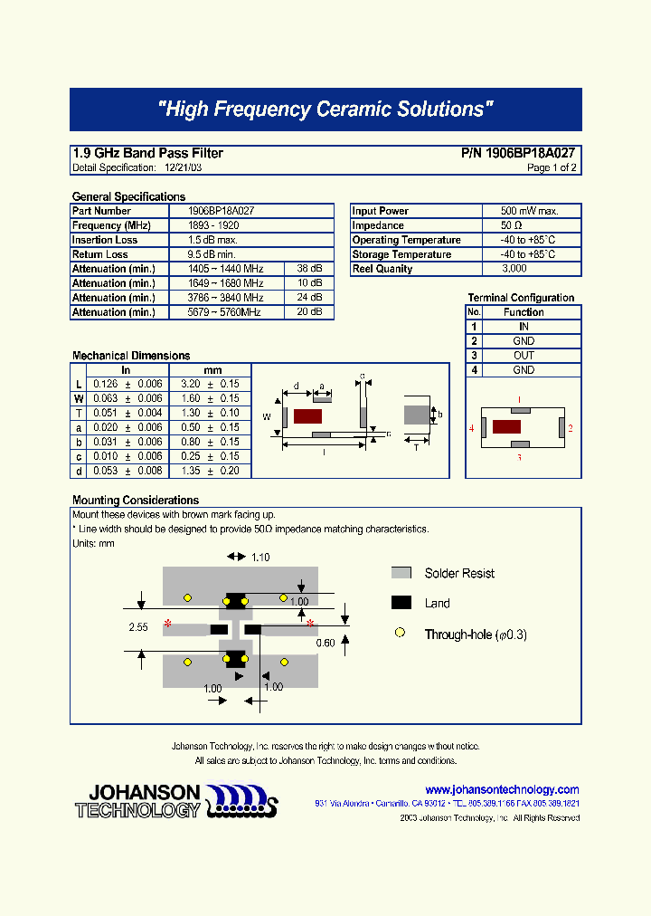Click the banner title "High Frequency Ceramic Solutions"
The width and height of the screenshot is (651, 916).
pos(325,110)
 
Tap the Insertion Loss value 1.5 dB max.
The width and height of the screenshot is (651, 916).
pos(212,240)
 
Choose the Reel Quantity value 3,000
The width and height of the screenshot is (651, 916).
pos(514,269)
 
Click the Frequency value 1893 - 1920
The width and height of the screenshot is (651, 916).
pos(212,225)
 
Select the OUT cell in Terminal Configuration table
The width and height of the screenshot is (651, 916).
pos(524,356)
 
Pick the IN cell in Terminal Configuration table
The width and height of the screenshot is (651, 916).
pos(524,327)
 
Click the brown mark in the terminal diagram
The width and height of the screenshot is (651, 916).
pos(506,426)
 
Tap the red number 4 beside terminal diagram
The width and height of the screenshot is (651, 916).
pos(472,427)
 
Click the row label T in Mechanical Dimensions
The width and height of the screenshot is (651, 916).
pos(79,413)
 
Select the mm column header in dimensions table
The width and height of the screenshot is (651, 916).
pos(212,370)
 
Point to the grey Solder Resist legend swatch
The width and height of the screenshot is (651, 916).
pos(401,573)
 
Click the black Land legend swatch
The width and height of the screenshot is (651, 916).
pos(401,603)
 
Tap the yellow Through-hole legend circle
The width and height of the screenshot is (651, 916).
pos(400,635)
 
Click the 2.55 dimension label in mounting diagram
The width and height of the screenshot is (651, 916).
pos(138,626)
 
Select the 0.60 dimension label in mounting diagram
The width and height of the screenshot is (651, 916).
pos(325,643)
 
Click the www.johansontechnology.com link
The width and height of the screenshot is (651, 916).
pos(502,789)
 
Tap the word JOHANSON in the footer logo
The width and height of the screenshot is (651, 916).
pos(145,792)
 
